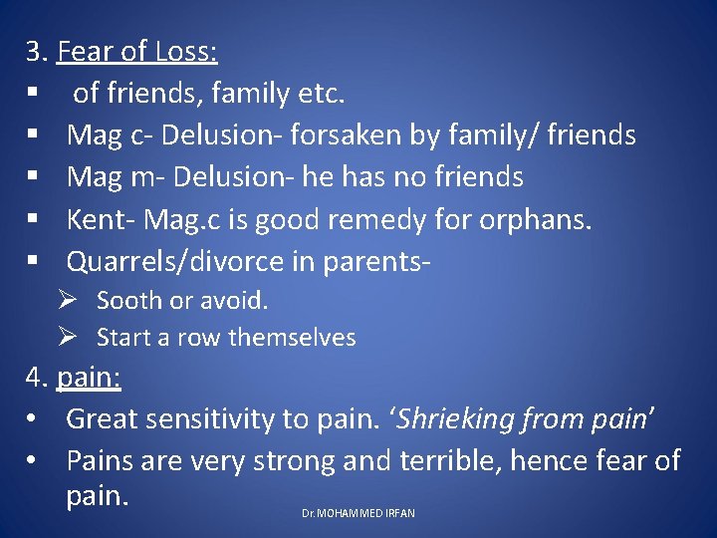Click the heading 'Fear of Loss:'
(137, 50)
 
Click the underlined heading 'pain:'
(89, 378)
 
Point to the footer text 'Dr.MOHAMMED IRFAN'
(358, 513)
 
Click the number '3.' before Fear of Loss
(38, 50)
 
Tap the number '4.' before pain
(38, 378)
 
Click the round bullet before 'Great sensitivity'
(33, 419)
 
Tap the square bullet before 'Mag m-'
(33, 177)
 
